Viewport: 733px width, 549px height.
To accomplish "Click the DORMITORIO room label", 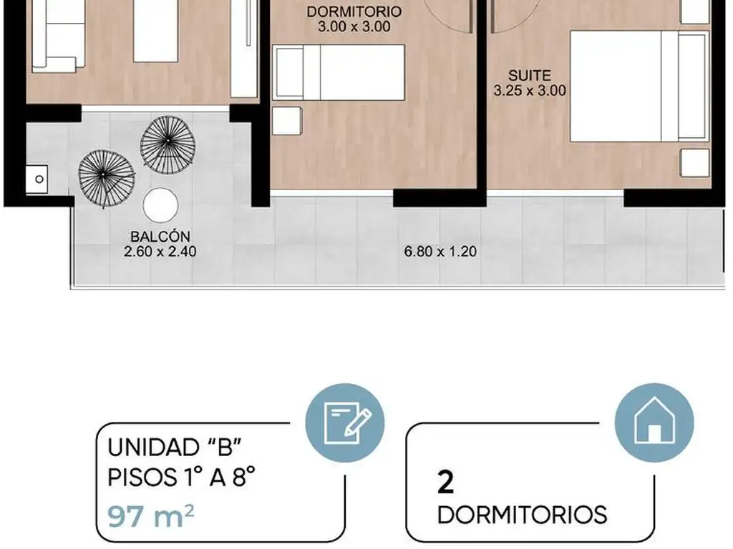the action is point(354,11).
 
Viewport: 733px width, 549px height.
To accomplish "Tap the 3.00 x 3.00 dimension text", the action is point(354,26).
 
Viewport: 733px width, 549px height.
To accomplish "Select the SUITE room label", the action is point(530,75).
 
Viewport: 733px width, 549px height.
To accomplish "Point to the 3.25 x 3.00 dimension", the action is point(530,90).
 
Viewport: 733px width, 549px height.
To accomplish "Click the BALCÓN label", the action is point(160,236).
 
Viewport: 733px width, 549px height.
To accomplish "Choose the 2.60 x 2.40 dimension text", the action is point(160,251).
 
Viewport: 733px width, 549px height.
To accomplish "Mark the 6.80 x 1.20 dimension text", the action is point(440,251).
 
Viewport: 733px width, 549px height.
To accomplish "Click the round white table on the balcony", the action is point(161,205).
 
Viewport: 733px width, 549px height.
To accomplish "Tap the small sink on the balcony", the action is point(37,179).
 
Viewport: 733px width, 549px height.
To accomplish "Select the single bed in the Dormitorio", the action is point(339,72).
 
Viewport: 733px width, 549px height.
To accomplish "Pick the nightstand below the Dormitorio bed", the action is point(286,121).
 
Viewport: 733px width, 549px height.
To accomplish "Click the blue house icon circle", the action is point(654,423).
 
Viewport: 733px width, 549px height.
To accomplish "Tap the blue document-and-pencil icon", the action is point(345,423).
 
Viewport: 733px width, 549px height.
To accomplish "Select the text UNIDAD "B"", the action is point(174,447).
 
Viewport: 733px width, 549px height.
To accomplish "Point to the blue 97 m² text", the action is point(150,516).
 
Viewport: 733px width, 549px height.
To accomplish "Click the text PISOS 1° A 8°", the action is point(181,478).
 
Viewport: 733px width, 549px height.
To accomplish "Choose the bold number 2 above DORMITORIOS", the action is point(445,483).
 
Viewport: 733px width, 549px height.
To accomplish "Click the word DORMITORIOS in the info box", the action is point(522,515).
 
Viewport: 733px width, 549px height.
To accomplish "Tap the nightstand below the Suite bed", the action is point(695,163).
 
